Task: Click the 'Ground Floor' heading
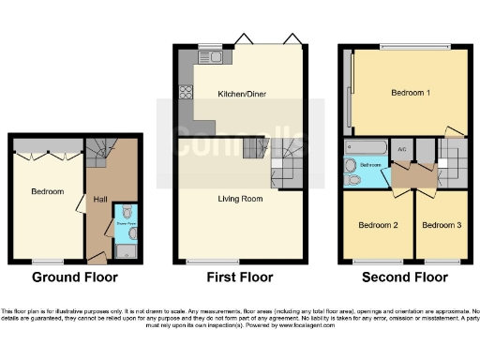pyautogui.click(x=75, y=277)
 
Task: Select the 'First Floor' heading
pyautogui.click(x=240, y=277)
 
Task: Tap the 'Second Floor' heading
pyautogui.click(x=406, y=277)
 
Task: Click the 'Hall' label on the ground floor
pyautogui.click(x=99, y=198)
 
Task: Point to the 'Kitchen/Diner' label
pyautogui.click(x=239, y=95)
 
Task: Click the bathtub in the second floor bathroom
pyautogui.click(x=365, y=147)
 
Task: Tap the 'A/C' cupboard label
pyautogui.click(x=402, y=149)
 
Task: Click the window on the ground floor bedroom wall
pyautogui.click(x=47, y=261)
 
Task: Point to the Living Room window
pyautogui.click(x=212, y=261)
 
